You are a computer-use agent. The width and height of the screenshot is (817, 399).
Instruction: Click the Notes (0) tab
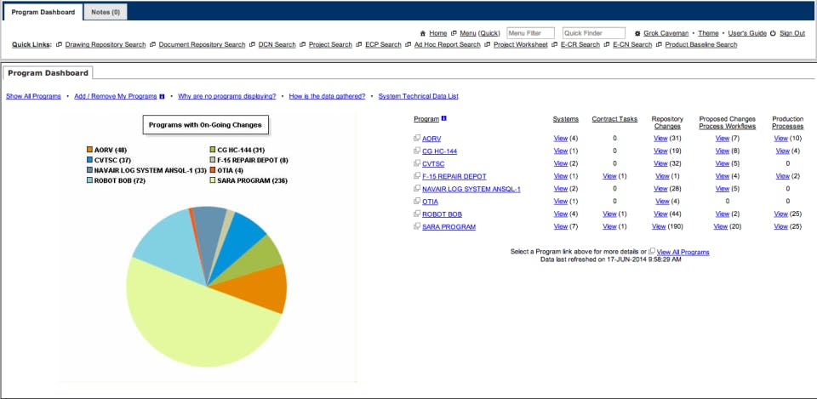point(105,12)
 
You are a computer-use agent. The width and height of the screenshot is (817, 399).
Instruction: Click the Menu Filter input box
point(530,33)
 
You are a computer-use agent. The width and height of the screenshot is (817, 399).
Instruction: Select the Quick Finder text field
point(593,33)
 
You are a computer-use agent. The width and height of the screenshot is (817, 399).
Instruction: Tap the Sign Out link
point(791,33)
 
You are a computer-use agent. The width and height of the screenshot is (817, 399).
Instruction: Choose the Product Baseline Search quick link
point(700,45)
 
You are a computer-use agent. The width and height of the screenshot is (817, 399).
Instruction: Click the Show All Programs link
point(33,97)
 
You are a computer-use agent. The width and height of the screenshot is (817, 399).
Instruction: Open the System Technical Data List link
point(418,97)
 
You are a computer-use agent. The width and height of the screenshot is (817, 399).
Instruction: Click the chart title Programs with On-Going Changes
point(204,125)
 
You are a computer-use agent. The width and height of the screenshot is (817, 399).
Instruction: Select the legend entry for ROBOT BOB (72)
point(120,180)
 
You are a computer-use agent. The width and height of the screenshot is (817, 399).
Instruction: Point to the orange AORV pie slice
point(266,288)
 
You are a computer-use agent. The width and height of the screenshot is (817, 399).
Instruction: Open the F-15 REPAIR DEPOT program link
point(454,176)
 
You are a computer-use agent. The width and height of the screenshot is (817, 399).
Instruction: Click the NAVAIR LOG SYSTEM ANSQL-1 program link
point(471,189)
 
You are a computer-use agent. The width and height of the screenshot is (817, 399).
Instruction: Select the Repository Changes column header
point(667,123)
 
